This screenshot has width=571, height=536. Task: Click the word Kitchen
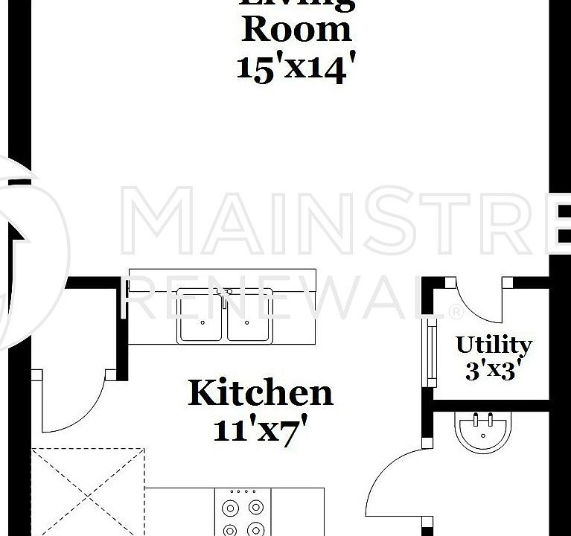point(260,392)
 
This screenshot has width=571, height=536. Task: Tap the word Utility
point(494,345)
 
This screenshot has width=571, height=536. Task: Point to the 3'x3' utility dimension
point(491,370)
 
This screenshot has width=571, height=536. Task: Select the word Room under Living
point(296,30)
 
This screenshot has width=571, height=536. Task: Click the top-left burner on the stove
point(230,508)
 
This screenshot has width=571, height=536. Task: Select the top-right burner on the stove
point(256,508)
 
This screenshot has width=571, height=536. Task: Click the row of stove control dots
point(243,491)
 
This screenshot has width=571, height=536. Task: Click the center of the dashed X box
point(87,491)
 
